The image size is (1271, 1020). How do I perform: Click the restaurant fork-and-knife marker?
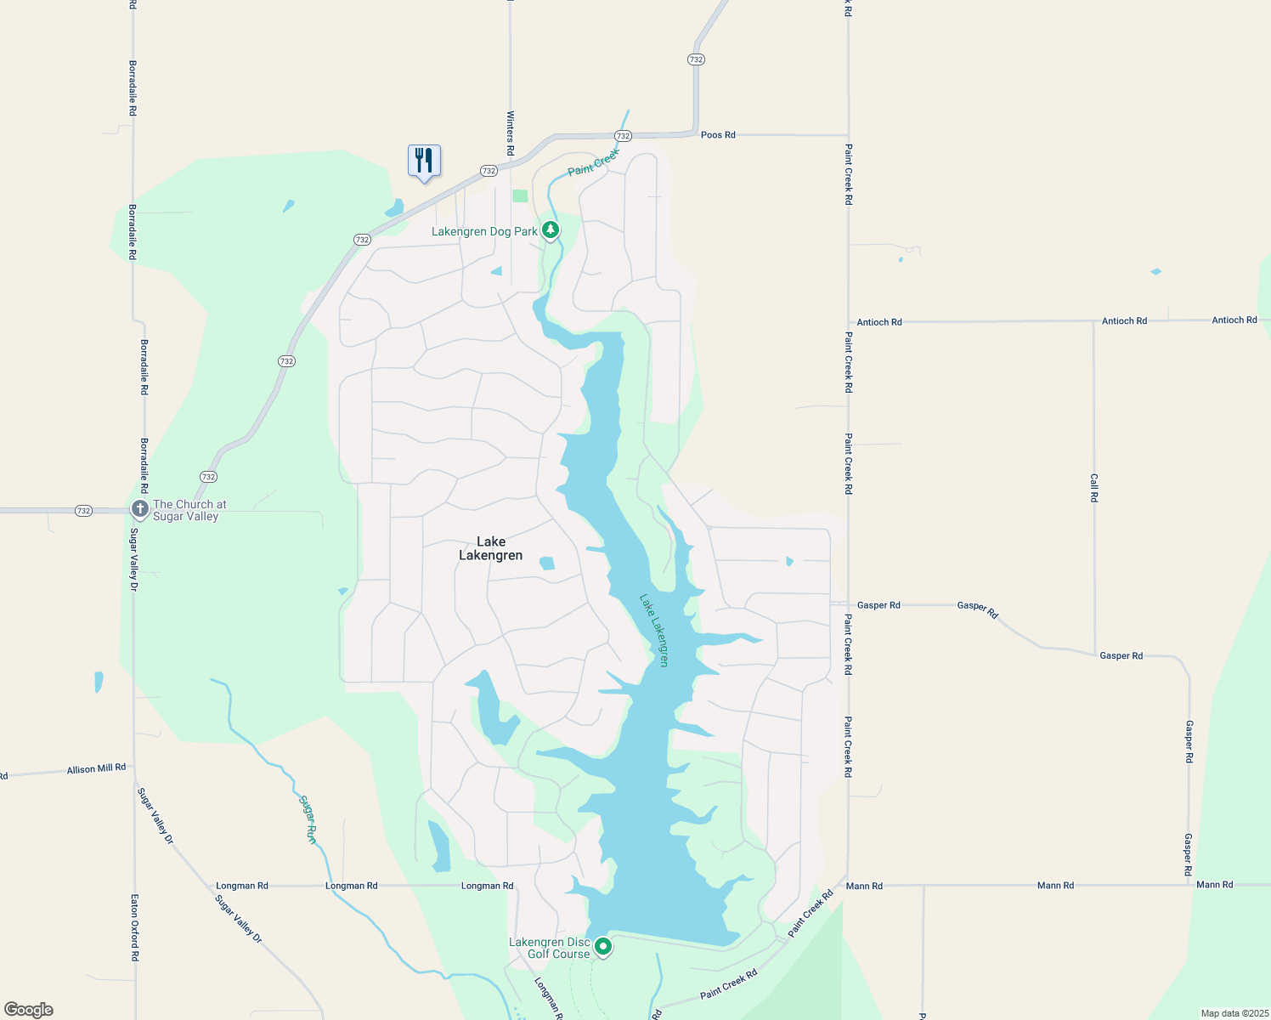[424, 161]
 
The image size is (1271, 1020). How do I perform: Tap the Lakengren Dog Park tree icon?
[551, 229]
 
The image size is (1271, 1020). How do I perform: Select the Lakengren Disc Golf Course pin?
[603, 946]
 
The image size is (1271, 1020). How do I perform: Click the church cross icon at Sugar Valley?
[140, 508]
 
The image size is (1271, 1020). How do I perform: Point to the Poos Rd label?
[718, 135]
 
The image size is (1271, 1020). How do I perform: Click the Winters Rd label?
[511, 133]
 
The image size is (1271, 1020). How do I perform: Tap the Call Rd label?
[1094, 488]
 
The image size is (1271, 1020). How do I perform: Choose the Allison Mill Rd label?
[96, 768]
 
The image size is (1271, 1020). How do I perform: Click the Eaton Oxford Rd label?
[134, 927]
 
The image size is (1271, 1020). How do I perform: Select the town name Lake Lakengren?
[491, 548]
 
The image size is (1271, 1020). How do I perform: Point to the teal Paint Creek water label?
[593, 161]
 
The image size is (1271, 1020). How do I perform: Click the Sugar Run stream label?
[308, 819]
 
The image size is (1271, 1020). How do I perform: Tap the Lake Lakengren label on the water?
[654, 630]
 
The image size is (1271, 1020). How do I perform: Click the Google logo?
[29, 1010]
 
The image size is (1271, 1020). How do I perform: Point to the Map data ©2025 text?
[1234, 1013]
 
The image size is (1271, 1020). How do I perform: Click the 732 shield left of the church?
[83, 511]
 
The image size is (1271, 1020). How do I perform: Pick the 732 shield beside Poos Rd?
[623, 136]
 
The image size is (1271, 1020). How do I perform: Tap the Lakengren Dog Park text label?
[484, 231]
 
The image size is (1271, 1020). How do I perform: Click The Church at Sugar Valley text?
[189, 510]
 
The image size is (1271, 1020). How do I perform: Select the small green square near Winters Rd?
[520, 195]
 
